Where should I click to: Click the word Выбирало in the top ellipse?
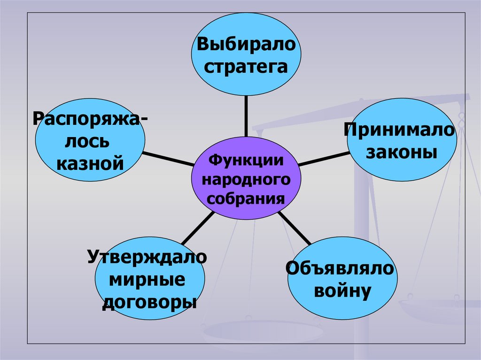pos(246,46)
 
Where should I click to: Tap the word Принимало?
pos(401,130)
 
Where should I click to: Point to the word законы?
pos(401,152)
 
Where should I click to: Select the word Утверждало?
pos(147,258)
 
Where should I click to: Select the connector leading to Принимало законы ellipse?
pos(323,159)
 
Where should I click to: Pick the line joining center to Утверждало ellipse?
pos(197,229)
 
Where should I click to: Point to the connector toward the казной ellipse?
pos(168,159)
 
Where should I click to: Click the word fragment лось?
pos(89,141)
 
